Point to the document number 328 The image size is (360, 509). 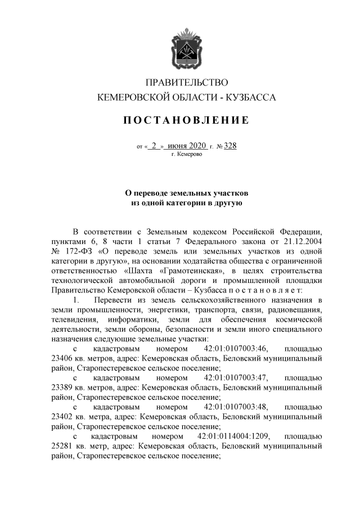pos(230,146)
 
